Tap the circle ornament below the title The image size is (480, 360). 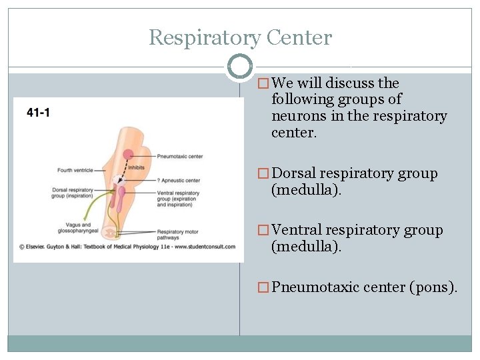coord(239,66)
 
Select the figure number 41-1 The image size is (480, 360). coord(38,113)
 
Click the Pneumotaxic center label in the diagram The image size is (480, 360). coord(179,157)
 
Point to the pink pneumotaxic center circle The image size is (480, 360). coord(128,155)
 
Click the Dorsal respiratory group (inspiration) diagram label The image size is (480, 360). coord(71,193)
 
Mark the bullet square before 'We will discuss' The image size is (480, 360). coord(263,84)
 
